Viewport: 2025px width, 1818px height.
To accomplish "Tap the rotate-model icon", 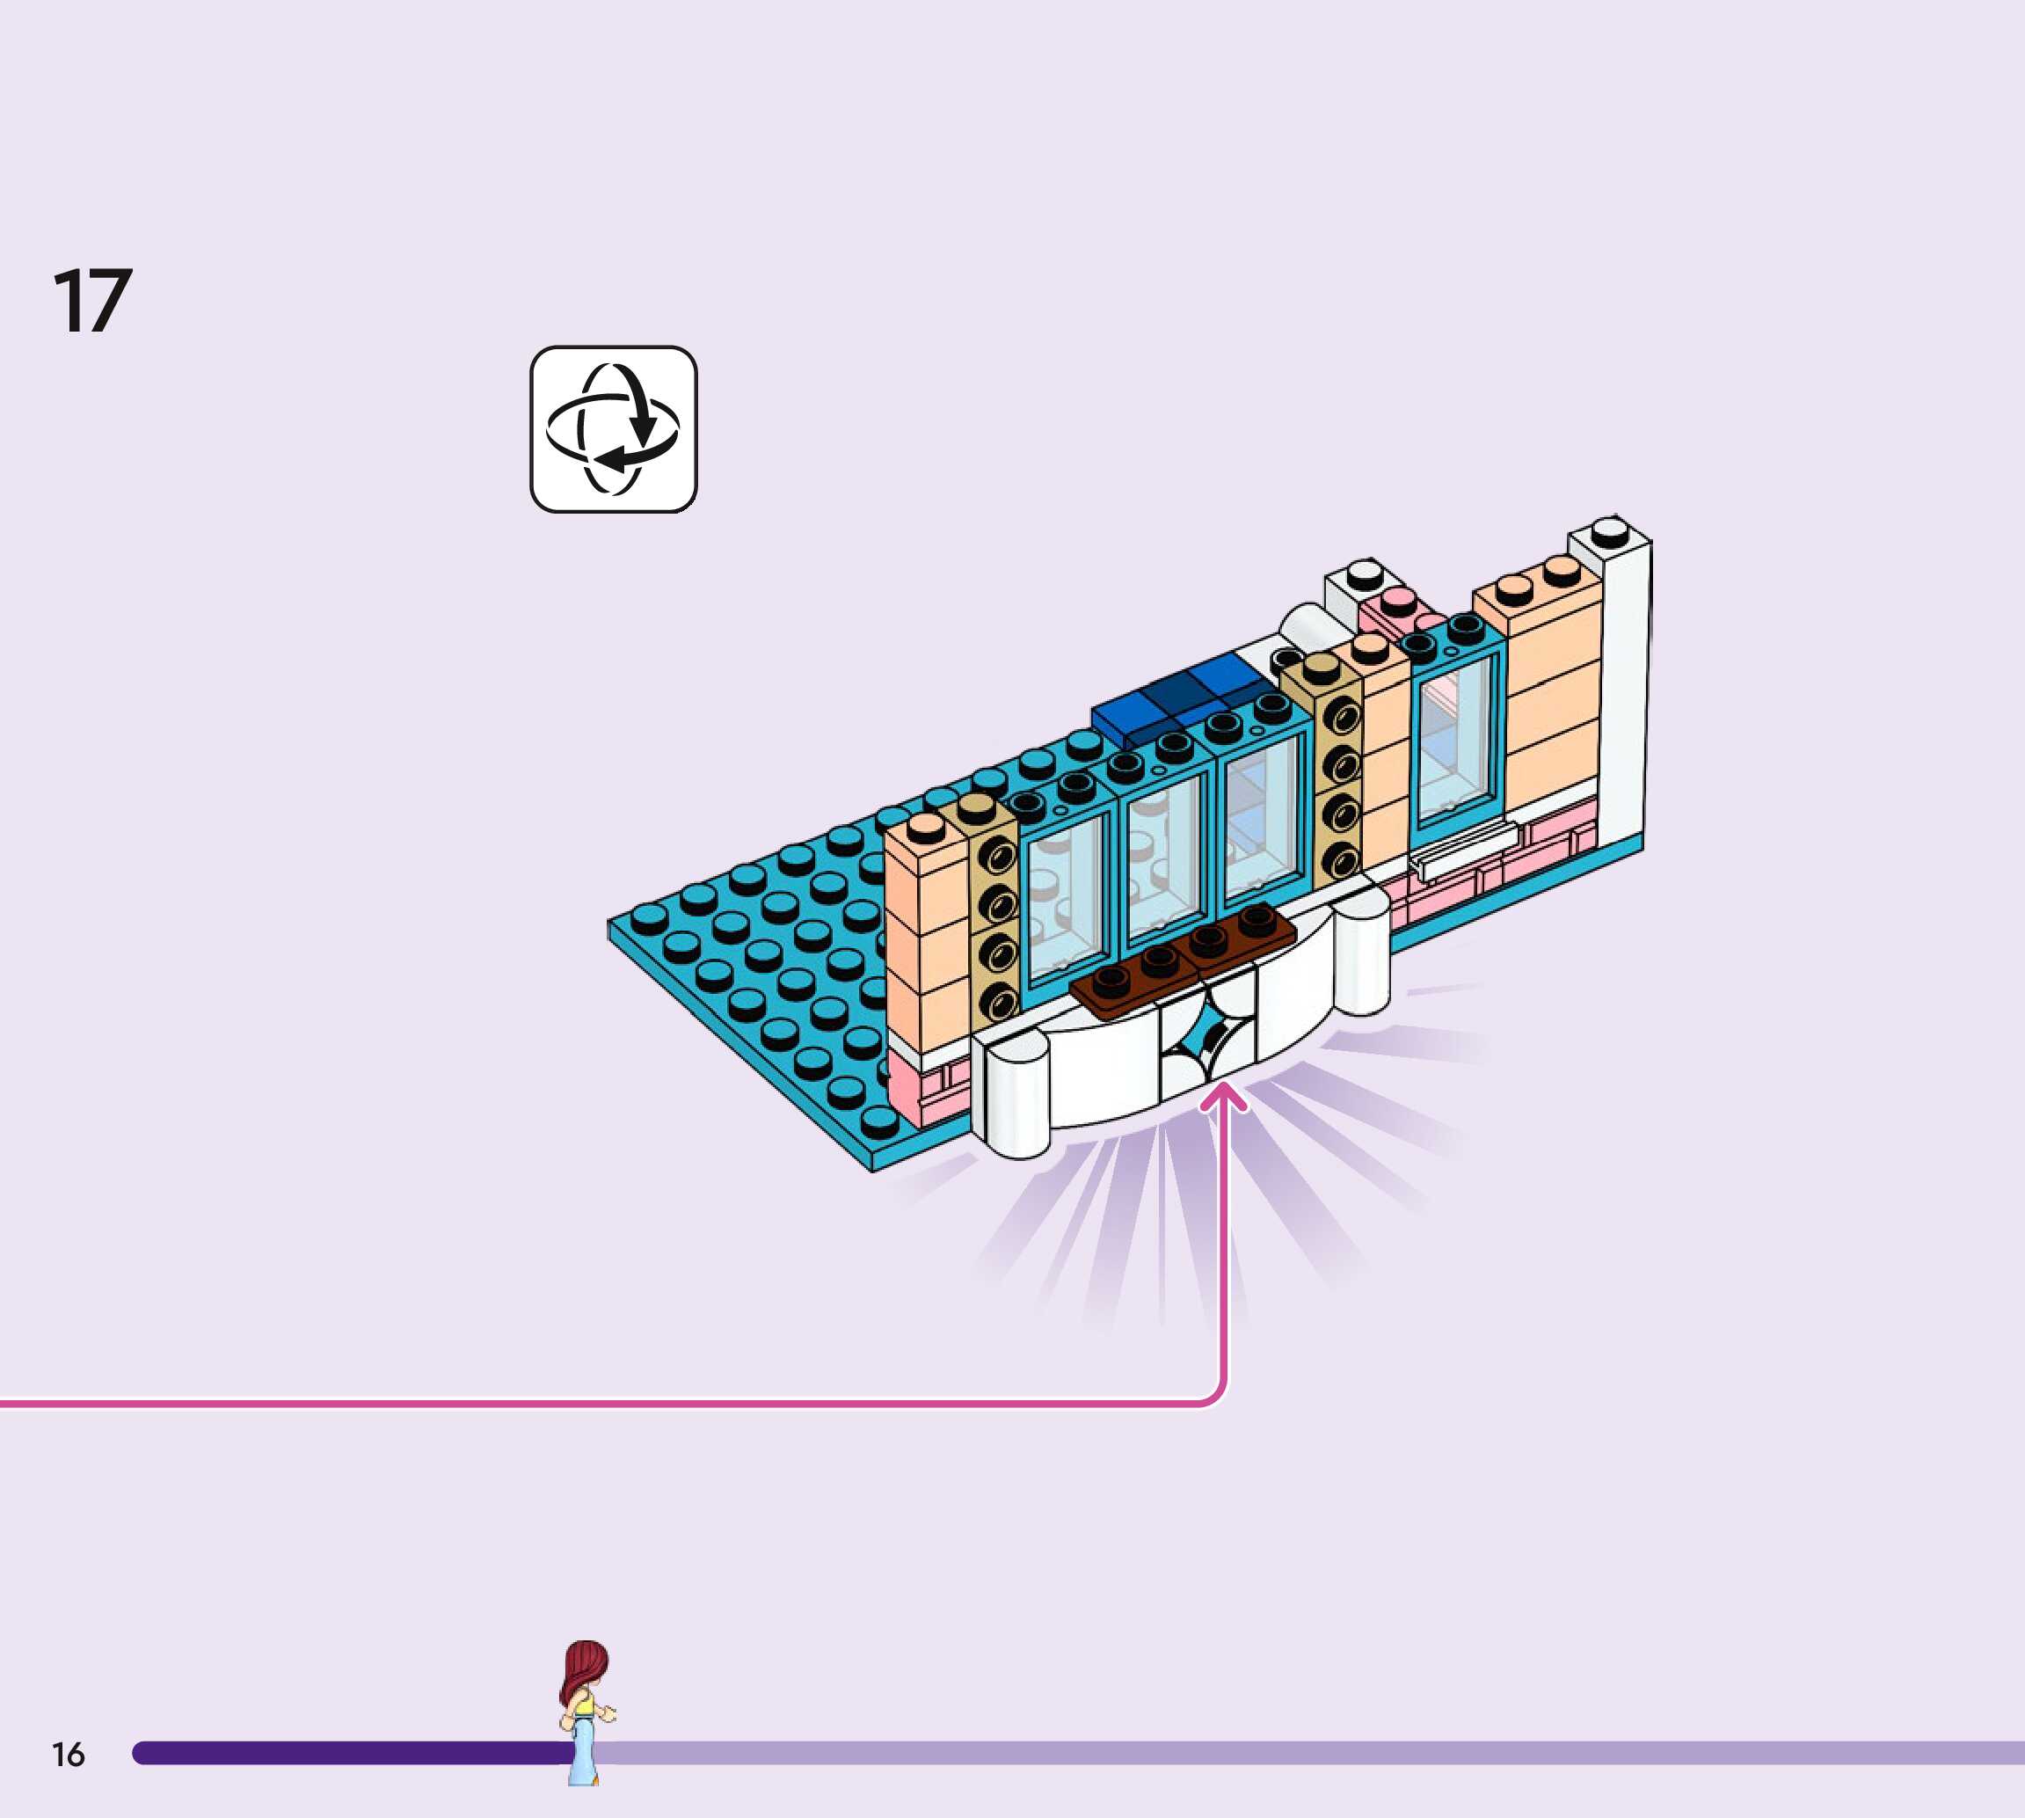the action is coord(613,429).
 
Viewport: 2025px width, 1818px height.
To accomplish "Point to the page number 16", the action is coord(68,1754).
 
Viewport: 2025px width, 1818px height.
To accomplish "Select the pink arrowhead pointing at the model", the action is coord(1223,1099).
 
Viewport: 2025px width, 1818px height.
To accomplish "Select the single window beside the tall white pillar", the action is coord(1458,734).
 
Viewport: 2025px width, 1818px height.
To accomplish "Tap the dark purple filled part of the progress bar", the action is coord(349,1753).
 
